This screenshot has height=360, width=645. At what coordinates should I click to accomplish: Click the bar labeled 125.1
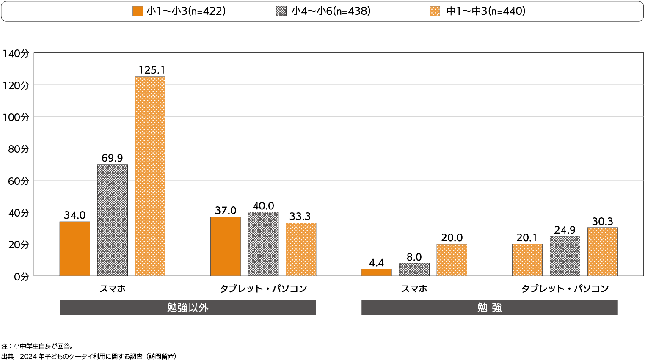point(150,176)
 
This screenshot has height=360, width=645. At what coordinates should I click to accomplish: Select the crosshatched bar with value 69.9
point(113,220)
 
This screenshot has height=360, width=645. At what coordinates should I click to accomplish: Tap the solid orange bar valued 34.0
point(75,249)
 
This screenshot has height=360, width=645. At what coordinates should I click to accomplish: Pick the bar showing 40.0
point(263,244)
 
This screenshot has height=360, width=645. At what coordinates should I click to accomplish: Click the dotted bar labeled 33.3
point(301,249)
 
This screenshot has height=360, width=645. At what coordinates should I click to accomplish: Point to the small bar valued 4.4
point(376,272)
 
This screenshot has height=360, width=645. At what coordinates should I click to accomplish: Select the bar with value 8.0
point(414,269)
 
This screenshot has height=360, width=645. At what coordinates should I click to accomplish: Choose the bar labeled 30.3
point(602,252)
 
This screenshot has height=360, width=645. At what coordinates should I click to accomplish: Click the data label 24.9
point(565,230)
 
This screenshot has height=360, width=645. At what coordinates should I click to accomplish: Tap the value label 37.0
point(226,211)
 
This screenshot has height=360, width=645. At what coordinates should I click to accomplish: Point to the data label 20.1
point(527,238)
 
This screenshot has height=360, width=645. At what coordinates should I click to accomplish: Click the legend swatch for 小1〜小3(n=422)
point(138,11)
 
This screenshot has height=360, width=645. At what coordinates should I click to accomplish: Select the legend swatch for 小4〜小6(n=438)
point(281,11)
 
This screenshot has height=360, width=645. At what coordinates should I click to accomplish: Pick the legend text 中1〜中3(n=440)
point(486,11)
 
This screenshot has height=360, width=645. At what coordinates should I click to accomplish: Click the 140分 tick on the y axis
point(16,53)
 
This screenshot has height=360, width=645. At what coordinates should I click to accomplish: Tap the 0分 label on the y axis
point(21,277)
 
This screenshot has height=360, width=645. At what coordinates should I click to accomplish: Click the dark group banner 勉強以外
point(187,308)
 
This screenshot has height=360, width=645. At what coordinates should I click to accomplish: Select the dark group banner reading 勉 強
point(489,308)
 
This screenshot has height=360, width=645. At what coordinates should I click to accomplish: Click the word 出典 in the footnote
point(7,356)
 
